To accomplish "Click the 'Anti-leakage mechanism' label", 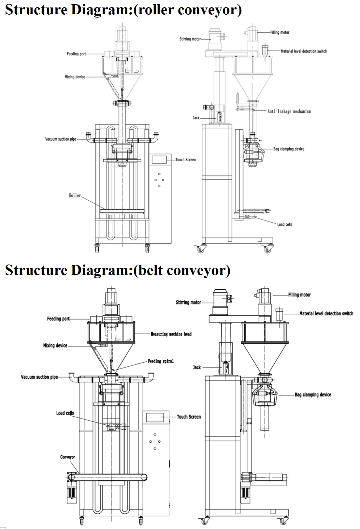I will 289,111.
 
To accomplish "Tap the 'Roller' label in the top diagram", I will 75,195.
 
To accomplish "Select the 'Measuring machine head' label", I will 171,334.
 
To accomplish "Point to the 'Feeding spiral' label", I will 161,361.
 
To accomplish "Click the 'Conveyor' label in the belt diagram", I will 67,457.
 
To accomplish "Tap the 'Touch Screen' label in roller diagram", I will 185,160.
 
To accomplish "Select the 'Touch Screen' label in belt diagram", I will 189,417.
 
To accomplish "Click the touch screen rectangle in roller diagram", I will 159,159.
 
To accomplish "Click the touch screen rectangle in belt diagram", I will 155,417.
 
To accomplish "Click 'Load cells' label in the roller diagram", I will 284,224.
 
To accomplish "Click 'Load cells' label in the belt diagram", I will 65,413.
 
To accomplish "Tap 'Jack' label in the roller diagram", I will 196,118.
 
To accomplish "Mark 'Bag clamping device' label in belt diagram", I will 313,395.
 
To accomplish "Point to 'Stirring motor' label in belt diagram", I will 188,302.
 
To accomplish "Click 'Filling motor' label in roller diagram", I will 280,32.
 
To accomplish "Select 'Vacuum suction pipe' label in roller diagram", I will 61,139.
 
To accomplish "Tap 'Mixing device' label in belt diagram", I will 55,345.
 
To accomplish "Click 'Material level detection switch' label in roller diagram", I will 304,51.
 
